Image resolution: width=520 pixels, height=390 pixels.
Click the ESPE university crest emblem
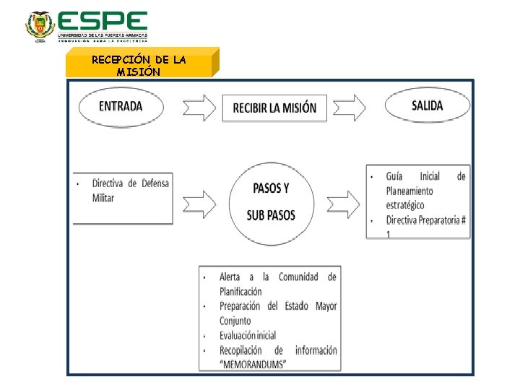point(40,26)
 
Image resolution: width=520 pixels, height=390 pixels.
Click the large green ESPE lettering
point(102,21)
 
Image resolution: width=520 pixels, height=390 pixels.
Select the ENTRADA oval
point(121,107)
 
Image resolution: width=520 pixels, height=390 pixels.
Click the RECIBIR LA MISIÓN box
point(274,108)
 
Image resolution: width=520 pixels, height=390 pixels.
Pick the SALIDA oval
point(428,106)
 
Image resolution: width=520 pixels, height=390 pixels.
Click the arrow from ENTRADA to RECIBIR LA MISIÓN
point(199,108)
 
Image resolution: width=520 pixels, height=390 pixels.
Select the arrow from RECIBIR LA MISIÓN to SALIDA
point(349,108)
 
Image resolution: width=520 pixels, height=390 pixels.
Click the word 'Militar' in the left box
point(103,198)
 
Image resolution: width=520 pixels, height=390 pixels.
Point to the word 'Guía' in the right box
point(394,176)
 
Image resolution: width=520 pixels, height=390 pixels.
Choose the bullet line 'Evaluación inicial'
point(248,335)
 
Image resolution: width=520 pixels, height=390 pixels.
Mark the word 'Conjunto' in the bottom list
point(235,321)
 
